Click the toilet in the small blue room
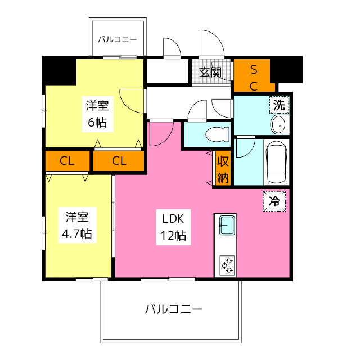coord(215,134)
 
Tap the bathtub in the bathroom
coord(276,162)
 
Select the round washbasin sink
coord(278,124)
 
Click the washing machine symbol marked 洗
coord(278,104)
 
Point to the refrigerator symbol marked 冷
coord(274,201)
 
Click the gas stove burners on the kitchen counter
coord(227,265)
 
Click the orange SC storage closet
coord(254,77)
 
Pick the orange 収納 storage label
coord(223,170)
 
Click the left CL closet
coord(67,161)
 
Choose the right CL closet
coord(119,161)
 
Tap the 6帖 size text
coord(96,122)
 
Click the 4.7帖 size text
coord(77,233)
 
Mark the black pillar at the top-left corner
coord(58,70)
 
